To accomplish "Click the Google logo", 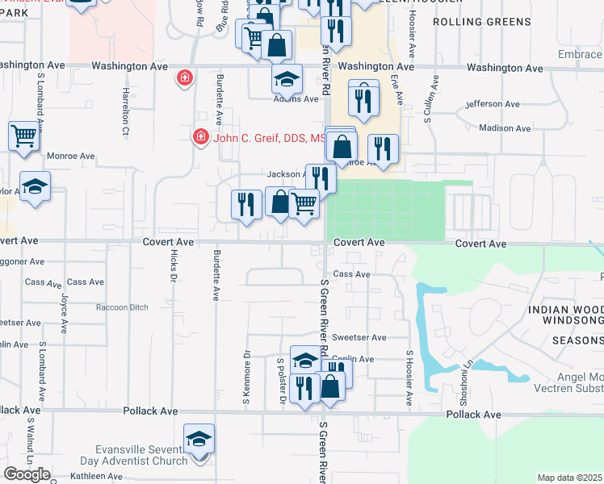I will tap(27, 474).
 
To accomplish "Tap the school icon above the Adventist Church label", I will tap(199, 440).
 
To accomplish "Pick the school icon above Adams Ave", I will tap(286, 81).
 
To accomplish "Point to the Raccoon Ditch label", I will tap(123, 307).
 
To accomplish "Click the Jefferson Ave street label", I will tap(495, 104).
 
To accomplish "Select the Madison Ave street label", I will tap(504, 128).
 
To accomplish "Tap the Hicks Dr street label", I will tap(173, 265).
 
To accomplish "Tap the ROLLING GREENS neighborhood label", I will tap(480, 22).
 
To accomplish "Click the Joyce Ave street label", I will tap(63, 307).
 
